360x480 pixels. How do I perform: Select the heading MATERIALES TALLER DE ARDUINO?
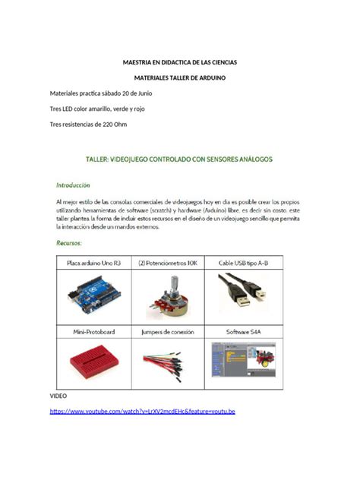(180, 77)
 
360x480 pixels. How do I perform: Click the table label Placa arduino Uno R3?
(93, 263)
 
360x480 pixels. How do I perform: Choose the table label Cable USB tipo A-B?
(244, 263)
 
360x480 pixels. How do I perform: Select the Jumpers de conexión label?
(169, 332)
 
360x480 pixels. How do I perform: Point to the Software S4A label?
(244, 332)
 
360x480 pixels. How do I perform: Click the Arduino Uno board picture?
(93, 297)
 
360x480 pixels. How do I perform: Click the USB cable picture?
(244, 296)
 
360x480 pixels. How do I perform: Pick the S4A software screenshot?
(244, 363)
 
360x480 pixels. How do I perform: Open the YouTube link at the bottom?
(142, 412)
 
